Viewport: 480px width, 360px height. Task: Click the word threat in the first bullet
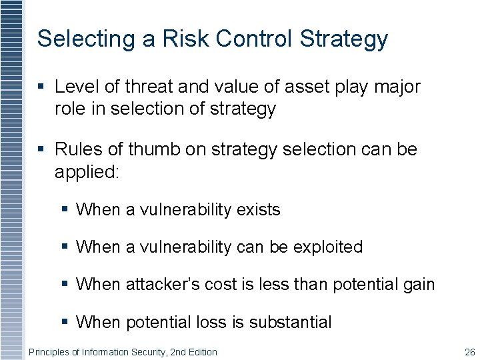(x=145, y=87)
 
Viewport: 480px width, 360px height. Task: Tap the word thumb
(x=154, y=149)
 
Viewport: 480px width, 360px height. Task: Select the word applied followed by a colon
(x=87, y=172)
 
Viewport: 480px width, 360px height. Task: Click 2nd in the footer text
(x=178, y=352)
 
